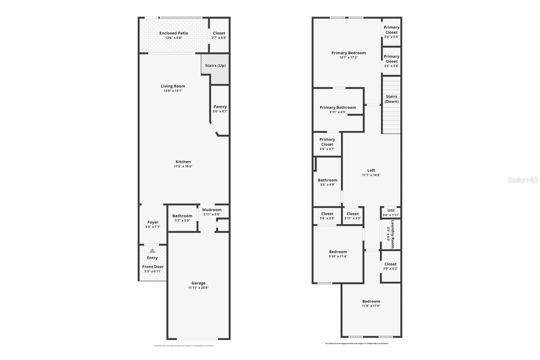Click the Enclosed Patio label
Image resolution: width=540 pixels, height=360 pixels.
coord(173,33)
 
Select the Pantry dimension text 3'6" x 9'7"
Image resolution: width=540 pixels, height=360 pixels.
coord(220,111)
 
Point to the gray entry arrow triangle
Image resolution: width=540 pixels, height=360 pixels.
coord(153,251)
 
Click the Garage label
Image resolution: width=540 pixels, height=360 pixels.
coord(198,283)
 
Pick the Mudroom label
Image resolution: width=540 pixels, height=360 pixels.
coord(212,210)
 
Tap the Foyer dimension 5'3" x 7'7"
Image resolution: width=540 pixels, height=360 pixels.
coord(153,227)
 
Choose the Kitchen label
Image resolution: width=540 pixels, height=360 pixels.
coord(183,162)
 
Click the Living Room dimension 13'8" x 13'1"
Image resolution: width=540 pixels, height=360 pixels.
coord(173,91)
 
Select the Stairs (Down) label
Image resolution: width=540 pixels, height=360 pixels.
coord(391,99)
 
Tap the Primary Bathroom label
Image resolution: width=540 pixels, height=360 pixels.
coord(338,107)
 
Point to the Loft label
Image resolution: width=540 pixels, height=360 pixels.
coord(371,170)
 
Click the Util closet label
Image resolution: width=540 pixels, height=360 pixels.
coord(391,210)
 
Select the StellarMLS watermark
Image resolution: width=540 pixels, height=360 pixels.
coord(523,180)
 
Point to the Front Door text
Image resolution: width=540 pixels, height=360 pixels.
coord(153,267)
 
